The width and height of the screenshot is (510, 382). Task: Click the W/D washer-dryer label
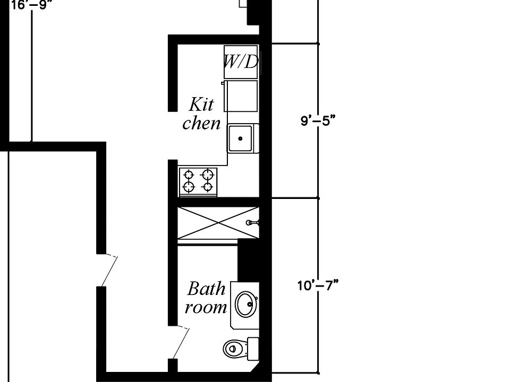[241, 62]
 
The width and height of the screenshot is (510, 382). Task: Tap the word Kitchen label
[202, 114]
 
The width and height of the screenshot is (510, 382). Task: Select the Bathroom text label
[206, 298]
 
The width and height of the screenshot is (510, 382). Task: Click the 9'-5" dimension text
[318, 121]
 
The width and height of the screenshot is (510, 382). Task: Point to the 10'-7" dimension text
[318, 286]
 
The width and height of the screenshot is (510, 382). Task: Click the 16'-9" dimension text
[31, 5]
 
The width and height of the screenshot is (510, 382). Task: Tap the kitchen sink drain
[240, 138]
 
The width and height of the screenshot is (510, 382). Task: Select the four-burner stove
[198, 181]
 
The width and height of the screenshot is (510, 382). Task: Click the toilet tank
[253, 349]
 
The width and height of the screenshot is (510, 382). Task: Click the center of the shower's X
[218, 222]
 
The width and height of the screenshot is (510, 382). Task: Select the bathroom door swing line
[181, 344]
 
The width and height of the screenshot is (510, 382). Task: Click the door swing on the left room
[109, 272]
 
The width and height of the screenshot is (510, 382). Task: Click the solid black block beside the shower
[249, 260]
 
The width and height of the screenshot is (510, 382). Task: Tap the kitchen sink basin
[240, 138]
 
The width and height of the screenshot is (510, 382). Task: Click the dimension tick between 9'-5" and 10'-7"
[318, 198]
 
